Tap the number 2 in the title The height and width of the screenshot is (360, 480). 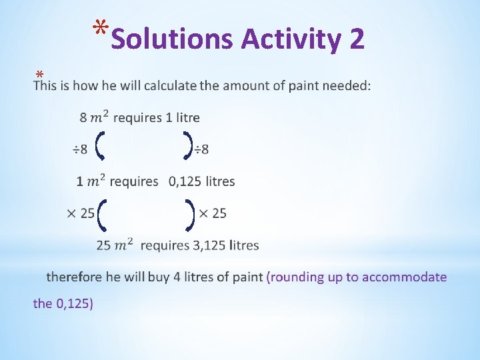pos(356,39)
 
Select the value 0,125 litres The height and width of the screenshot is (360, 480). pos(201,181)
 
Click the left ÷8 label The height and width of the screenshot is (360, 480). pos(80,149)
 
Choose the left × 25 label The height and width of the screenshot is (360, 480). pos(81,213)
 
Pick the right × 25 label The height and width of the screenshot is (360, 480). pos(213,213)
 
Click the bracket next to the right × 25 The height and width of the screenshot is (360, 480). pos(191,213)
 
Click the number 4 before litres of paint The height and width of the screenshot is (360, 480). pos(177,277)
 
